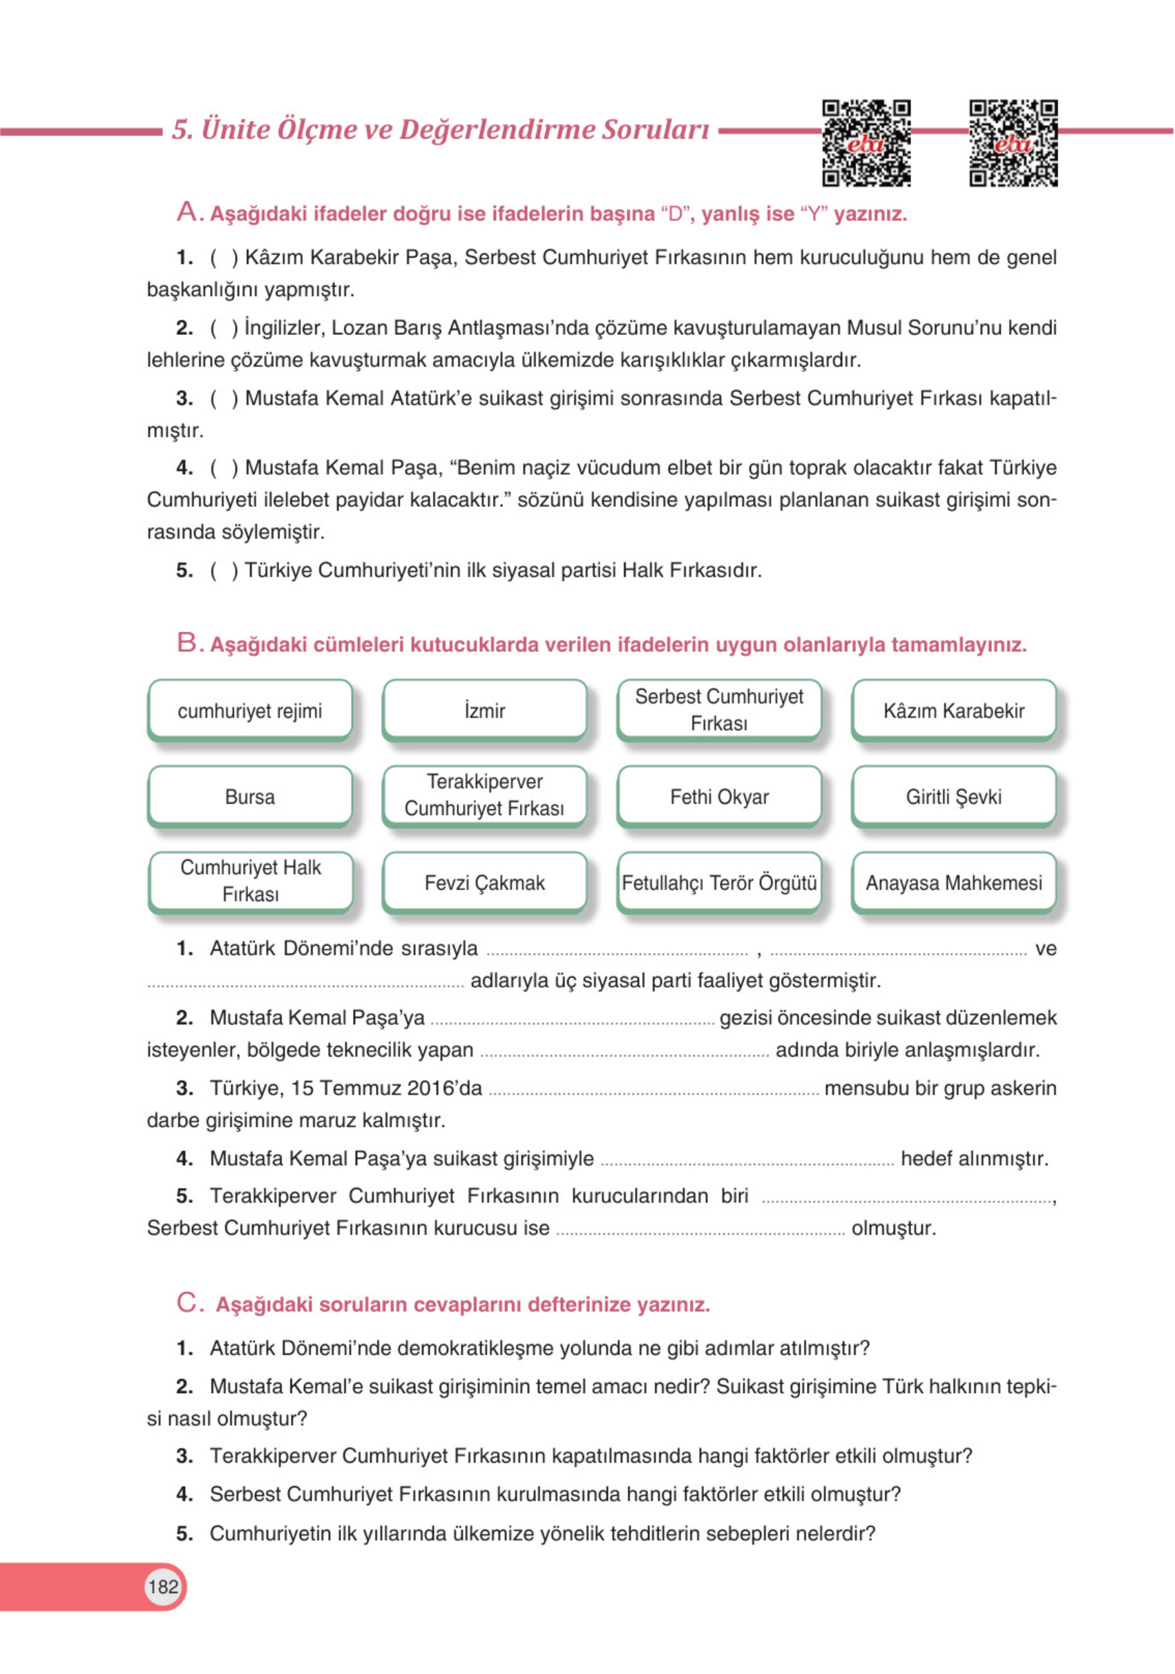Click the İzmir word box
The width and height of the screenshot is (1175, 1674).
[x=484, y=710]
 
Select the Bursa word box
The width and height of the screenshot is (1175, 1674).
[x=249, y=796]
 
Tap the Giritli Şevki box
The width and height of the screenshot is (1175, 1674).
[x=953, y=796]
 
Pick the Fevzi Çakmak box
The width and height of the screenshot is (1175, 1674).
[x=484, y=882]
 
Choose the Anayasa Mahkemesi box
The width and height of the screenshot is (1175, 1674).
[x=953, y=882]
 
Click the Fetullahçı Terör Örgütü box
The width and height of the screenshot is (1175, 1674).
[x=719, y=882]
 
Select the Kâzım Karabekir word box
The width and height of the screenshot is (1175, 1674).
[x=953, y=710]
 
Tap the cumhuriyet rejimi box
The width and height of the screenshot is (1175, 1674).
[x=249, y=710]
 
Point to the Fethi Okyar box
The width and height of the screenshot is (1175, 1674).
[x=719, y=796]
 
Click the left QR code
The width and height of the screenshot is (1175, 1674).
[x=866, y=143]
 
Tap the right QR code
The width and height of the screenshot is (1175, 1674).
[x=1013, y=143]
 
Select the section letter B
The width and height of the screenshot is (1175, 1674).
[x=187, y=643]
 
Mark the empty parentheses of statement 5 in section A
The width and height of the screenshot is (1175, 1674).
[x=224, y=570]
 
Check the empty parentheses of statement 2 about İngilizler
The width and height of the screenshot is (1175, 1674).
[x=224, y=328]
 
